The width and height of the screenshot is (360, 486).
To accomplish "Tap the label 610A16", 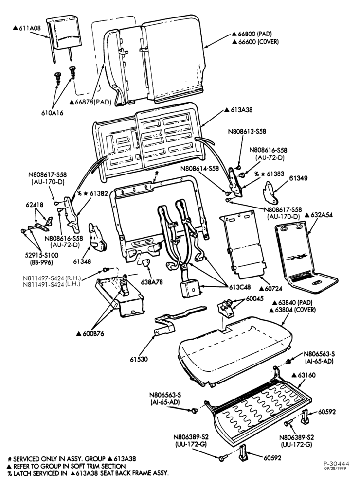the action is click(52, 113).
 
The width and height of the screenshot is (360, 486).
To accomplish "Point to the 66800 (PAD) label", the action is click(252, 34).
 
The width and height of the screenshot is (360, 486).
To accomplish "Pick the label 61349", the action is click(298, 178).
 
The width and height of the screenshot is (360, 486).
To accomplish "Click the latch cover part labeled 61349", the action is click(270, 191).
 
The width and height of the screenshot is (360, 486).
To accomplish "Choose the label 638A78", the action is click(151, 282).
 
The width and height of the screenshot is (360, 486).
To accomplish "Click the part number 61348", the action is click(82, 261).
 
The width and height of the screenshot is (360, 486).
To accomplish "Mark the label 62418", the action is click(35, 205).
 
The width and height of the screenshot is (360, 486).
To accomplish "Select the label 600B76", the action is click(90, 334).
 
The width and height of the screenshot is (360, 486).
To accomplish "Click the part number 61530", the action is click(139, 360).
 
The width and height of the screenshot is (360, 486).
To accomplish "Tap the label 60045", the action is click(254, 298).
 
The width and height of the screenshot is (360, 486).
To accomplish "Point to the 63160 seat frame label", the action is click(304, 375).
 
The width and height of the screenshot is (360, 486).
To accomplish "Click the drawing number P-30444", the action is click(337, 464).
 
